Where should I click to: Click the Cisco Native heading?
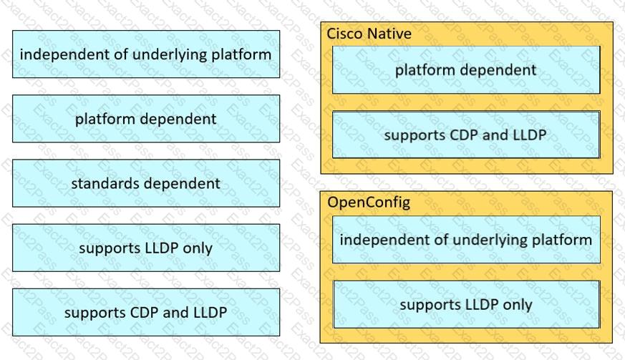pos(369,34)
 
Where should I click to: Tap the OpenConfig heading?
pos(369,203)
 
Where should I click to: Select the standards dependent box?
pos(146,183)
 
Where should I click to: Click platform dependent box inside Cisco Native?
pos(466,69)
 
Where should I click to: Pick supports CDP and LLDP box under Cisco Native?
pos(466,135)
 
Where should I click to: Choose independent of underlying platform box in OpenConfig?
pos(466,240)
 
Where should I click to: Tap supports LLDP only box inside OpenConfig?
pos(466,305)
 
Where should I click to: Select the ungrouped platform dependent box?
pos(146,118)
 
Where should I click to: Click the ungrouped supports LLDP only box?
pos(146,248)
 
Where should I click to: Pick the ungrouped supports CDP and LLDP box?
pos(146,312)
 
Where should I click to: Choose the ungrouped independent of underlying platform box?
pos(146,54)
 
